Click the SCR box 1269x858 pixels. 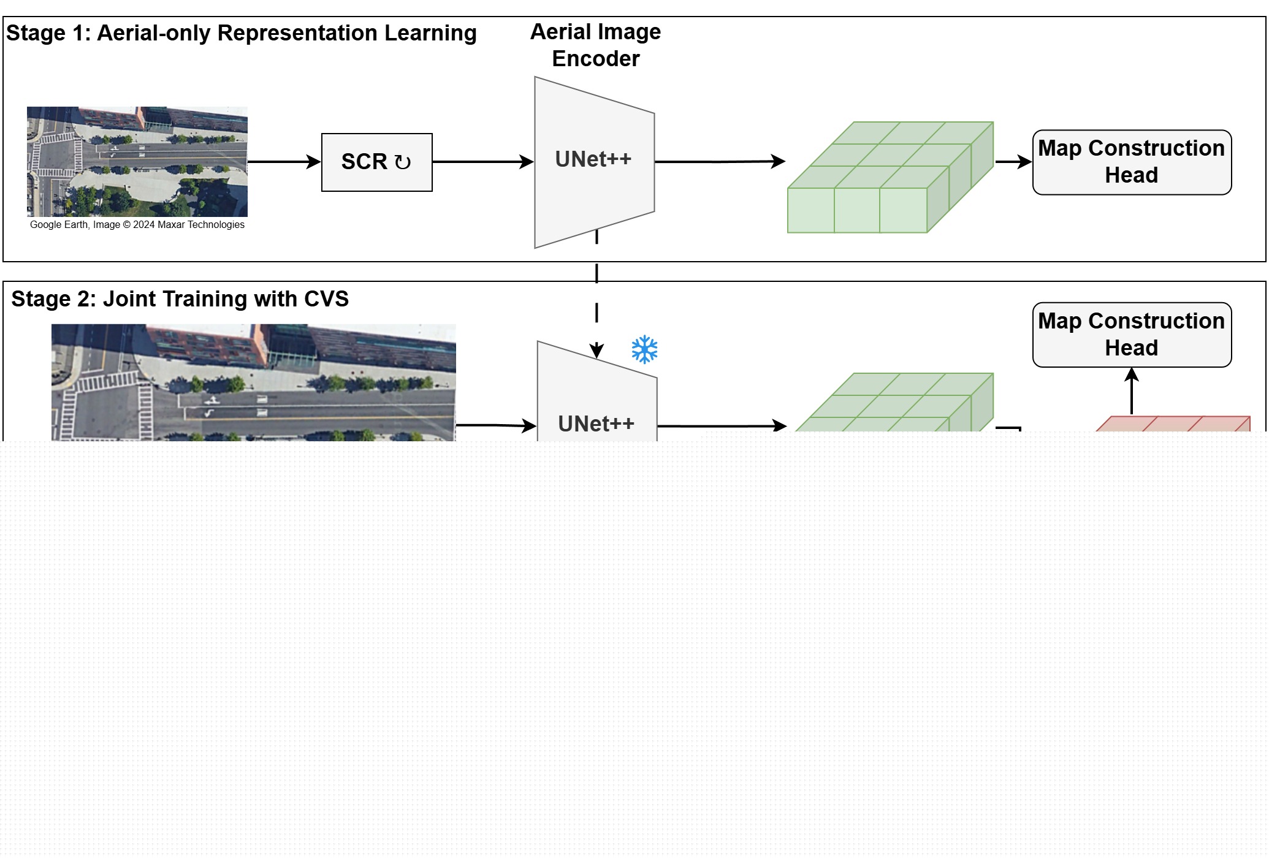click(x=377, y=162)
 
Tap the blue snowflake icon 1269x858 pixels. click(x=644, y=349)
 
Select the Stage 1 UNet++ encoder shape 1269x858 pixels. click(x=595, y=162)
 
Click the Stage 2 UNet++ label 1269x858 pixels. click(x=596, y=423)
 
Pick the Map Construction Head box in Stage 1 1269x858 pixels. click(x=1132, y=162)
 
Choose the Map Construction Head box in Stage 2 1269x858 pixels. click(x=1132, y=335)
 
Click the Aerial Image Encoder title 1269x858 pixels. click(x=596, y=45)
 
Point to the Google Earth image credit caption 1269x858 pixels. click(x=137, y=225)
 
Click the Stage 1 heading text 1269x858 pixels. click(x=242, y=33)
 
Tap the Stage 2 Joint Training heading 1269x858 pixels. click(x=180, y=299)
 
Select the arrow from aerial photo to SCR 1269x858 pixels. click(x=284, y=162)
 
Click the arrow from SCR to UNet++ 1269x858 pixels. click(x=483, y=162)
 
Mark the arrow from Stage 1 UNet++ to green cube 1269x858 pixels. click(x=720, y=162)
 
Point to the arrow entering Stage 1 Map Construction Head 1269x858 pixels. click(x=1014, y=162)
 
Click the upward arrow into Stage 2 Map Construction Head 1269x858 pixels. click(x=1132, y=391)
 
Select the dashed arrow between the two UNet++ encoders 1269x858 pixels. click(x=596, y=294)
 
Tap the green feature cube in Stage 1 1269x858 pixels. click(x=890, y=177)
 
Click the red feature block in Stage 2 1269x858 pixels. click(x=1173, y=424)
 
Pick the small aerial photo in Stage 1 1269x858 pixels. click(x=137, y=162)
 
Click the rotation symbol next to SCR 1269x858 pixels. click(x=403, y=162)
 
